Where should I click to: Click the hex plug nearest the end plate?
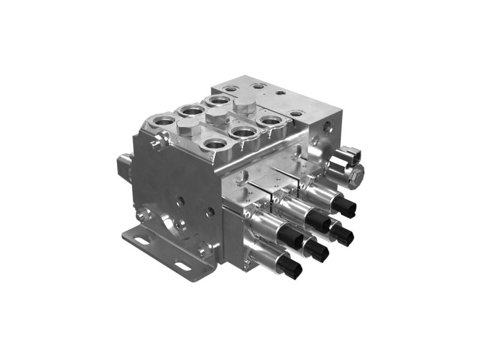pyautogui.click(x=244, y=106)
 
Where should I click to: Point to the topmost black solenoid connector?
pyautogui.click(x=344, y=207)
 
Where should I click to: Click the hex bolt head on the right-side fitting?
pyautogui.click(x=356, y=176)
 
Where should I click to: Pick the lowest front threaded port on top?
pyautogui.click(x=213, y=143)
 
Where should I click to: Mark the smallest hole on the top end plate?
pyautogui.click(x=280, y=94)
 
